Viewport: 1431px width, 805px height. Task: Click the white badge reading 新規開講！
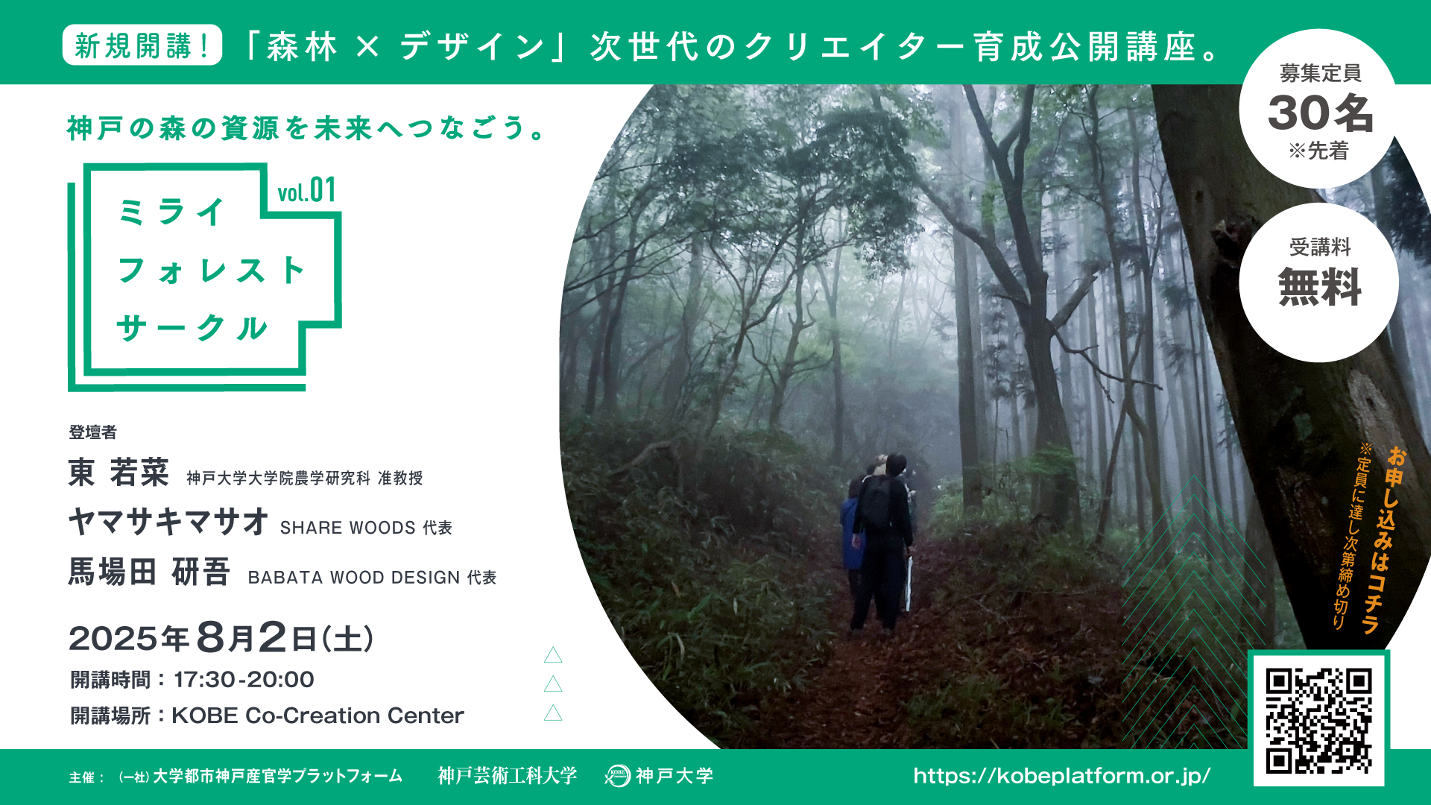tap(142, 45)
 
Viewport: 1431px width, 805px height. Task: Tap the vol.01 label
tap(306, 191)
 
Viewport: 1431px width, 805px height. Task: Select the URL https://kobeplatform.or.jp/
tap(1062, 776)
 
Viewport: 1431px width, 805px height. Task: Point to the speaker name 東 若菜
tap(119, 473)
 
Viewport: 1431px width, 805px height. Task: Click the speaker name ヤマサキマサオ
tap(168, 522)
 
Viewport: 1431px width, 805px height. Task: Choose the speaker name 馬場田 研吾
tap(149, 572)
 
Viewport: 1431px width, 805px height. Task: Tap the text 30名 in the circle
tap(1320, 113)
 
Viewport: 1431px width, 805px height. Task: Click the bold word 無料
tap(1320, 287)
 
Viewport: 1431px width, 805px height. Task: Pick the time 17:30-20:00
tap(244, 680)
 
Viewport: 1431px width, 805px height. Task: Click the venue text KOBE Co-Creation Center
tap(318, 716)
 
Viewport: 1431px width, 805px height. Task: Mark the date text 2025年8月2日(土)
tap(221, 638)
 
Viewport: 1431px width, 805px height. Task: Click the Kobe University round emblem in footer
tap(617, 776)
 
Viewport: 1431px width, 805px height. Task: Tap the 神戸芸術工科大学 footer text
tap(508, 776)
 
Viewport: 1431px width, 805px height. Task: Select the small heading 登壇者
tap(92, 432)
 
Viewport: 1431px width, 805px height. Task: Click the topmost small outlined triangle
tap(553, 655)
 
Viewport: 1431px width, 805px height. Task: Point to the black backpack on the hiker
tap(876, 501)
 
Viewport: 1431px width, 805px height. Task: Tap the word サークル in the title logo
tap(192, 328)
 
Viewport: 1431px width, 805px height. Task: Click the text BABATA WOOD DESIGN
tap(354, 578)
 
